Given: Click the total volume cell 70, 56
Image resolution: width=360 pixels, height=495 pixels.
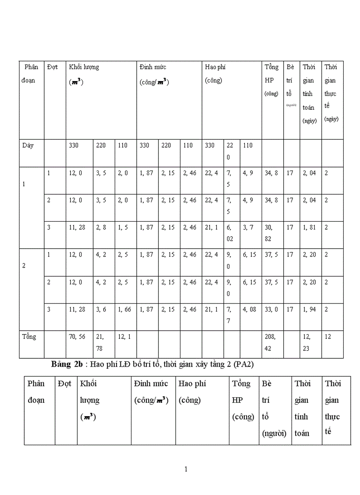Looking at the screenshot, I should pos(76,337).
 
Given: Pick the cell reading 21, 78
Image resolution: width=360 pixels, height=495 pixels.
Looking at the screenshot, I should pos(101,342).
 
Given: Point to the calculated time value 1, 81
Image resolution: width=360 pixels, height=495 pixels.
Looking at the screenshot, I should pos(309,228).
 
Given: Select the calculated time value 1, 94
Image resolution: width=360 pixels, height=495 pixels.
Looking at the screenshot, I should pos(309,310).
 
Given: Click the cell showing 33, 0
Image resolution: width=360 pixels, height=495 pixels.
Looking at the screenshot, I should pos(271,310).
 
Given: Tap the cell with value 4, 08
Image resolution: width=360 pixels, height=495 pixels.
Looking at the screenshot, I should pos(249,310).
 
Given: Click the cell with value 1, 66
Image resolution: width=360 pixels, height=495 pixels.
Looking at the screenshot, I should pos(124,310).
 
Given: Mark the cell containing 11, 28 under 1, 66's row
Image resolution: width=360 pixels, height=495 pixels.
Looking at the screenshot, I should pos(76,310).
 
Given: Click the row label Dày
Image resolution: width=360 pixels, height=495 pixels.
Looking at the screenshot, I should pos(28,145).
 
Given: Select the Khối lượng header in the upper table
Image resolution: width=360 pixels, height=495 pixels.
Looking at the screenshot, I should pos(84,67).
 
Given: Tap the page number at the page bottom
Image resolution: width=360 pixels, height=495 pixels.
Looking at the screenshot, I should pos(186,469).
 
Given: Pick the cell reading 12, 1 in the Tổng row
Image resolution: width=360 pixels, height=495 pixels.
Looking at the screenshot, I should pos(124,337).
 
